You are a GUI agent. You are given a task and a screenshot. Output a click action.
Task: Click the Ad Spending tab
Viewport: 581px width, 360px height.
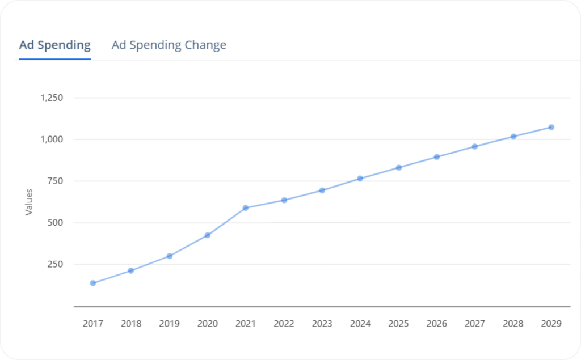[x=55, y=45]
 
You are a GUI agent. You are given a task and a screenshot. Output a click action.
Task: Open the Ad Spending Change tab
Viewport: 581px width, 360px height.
[x=169, y=45]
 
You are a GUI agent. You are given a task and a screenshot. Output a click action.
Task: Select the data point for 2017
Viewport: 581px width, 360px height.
[x=92, y=283]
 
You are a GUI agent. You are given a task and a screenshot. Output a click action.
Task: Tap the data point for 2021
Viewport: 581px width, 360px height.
[x=246, y=208]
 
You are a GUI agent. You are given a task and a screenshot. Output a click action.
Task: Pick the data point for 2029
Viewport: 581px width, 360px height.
[x=551, y=127]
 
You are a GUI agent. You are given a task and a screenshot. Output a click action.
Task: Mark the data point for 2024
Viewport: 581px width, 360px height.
[x=360, y=179]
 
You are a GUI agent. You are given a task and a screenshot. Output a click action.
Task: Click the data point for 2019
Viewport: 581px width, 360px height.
[x=169, y=256]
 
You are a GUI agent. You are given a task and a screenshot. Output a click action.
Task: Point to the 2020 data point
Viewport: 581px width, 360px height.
[x=208, y=235]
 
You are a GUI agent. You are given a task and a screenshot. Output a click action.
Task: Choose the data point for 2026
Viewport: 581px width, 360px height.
[x=436, y=156]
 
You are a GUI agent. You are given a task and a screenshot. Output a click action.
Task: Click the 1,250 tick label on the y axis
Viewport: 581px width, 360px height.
[x=51, y=98]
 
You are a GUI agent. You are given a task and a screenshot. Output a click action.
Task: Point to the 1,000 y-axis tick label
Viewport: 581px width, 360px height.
[x=51, y=139]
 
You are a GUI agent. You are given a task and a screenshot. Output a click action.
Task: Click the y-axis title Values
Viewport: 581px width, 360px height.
[x=29, y=202]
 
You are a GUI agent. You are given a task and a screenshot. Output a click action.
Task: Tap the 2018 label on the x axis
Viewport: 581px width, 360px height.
[x=131, y=324]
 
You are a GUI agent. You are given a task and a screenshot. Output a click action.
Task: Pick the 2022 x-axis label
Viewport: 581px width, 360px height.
[x=284, y=324]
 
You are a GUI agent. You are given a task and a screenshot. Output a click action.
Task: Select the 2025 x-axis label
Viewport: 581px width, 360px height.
[x=398, y=324]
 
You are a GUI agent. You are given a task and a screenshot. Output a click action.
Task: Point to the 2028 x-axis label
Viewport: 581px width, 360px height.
[x=513, y=324]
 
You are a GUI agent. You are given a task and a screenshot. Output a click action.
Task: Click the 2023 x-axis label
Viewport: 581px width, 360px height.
[x=322, y=324]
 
